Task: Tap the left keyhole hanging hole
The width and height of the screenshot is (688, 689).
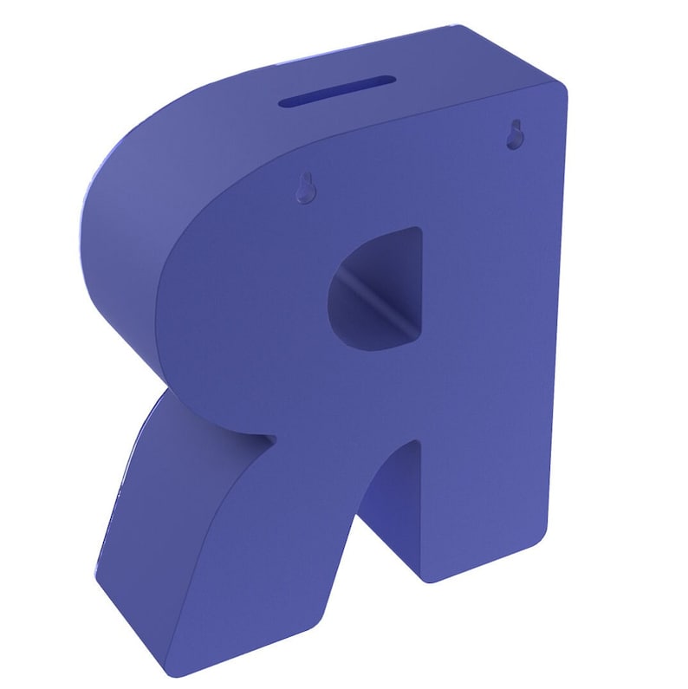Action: [303, 188]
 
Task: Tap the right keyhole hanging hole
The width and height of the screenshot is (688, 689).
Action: [515, 133]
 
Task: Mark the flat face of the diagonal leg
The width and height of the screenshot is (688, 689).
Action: [260, 555]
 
